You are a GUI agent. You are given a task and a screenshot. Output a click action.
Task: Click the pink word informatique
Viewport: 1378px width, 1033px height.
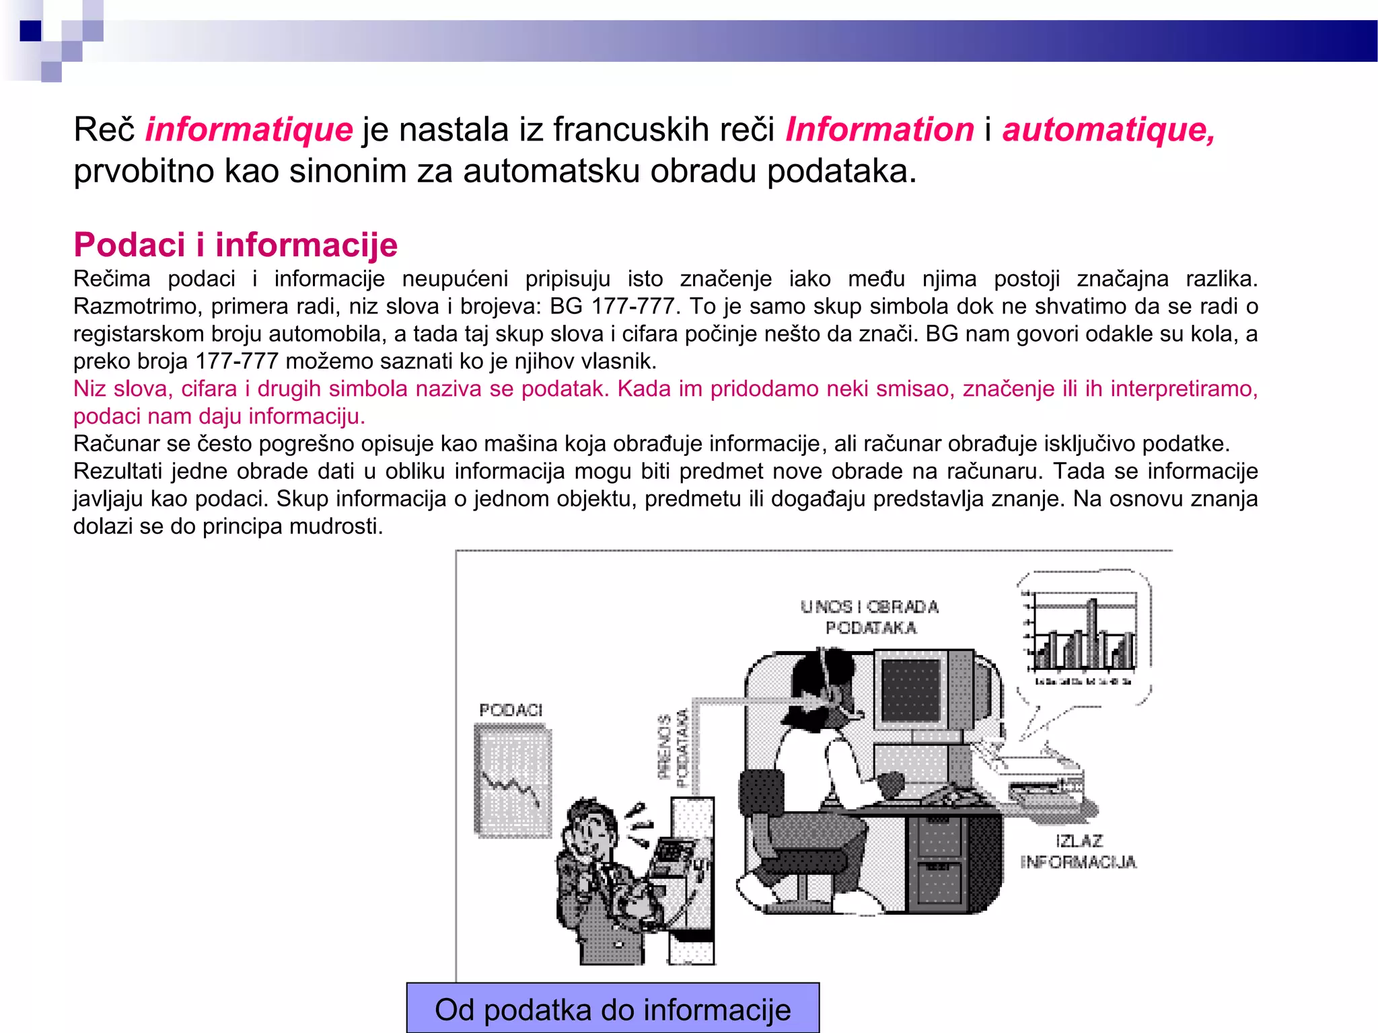(248, 130)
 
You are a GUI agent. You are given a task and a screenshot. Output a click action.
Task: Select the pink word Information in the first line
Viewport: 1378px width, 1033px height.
(879, 130)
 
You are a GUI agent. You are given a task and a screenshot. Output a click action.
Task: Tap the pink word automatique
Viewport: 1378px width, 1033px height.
(1108, 130)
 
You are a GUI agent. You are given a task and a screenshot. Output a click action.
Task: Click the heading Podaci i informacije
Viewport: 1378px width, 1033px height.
(235, 245)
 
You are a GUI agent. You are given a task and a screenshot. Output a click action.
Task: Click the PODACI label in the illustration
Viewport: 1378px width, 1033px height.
(511, 710)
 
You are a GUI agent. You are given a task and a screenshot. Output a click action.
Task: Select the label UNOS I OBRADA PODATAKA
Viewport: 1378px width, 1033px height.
(870, 617)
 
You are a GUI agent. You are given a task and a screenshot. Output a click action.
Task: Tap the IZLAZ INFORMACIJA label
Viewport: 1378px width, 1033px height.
(1078, 851)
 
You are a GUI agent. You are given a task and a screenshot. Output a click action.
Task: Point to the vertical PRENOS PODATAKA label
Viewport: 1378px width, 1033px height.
(674, 747)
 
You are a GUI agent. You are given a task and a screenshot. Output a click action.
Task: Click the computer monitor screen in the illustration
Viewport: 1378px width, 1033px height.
(910, 690)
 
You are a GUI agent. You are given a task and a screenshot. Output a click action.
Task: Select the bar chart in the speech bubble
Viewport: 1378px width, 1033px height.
(1081, 636)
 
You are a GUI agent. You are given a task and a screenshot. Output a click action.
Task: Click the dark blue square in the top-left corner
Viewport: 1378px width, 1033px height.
(30, 31)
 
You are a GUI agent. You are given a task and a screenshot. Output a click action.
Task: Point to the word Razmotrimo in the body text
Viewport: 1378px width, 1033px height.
(137, 307)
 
